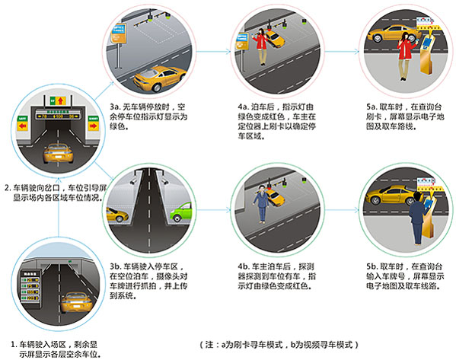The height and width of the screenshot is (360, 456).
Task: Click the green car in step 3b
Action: pyautogui.click(x=181, y=212)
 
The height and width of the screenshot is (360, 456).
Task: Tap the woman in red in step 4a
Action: pyautogui.click(x=262, y=47)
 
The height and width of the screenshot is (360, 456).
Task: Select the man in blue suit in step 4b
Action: pyautogui.click(x=261, y=204)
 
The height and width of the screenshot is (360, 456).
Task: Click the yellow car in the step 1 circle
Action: pyautogui.click(x=77, y=302)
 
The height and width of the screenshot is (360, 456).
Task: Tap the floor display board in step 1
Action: pyautogui.click(x=30, y=287)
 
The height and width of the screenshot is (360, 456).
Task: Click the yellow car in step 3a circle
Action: pyautogui.click(x=159, y=78)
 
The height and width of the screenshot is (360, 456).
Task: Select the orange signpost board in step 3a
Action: pyautogui.click(x=119, y=33)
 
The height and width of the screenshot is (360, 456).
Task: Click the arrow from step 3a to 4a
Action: pyautogui.click(x=213, y=52)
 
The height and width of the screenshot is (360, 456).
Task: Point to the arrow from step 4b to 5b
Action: pyautogui.click(x=342, y=210)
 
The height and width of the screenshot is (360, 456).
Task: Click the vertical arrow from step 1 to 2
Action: pyautogui.click(x=59, y=207)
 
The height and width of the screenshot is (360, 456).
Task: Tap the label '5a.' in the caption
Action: pyautogui.click(x=371, y=107)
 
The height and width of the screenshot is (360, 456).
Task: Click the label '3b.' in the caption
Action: pyautogui.click(x=116, y=266)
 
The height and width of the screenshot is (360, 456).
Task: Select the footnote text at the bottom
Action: pyautogui.click(x=279, y=345)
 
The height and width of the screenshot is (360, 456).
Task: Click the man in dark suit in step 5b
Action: pyautogui.click(x=417, y=218)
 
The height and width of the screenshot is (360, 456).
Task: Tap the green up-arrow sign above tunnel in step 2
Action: pyautogui.click(x=58, y=100)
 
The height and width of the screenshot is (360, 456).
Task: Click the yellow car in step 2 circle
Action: pyautogui.click(x=58, y=153)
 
